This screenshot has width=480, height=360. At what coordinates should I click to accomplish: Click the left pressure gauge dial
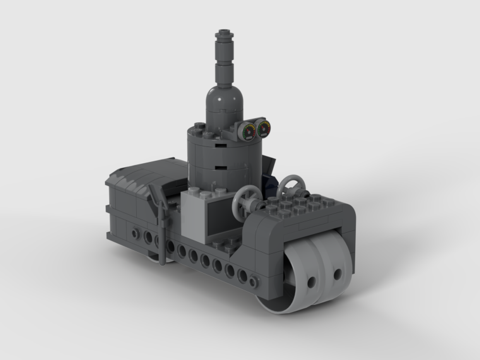pos(249,131)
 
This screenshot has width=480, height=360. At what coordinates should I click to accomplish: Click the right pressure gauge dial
pos(264,128)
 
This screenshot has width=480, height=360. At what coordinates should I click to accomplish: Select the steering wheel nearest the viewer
pos(246,202)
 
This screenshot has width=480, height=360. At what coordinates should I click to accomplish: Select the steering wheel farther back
pos(291,185)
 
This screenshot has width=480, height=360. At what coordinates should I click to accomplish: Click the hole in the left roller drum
pos(311,282)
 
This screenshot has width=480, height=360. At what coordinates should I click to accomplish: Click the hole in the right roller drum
pos(337,275)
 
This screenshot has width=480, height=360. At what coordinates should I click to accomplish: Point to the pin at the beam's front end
pos(253,282)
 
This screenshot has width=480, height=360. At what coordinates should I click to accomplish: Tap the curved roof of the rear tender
pos(144,173)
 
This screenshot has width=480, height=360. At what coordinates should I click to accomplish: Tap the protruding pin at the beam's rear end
pos(136,234)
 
